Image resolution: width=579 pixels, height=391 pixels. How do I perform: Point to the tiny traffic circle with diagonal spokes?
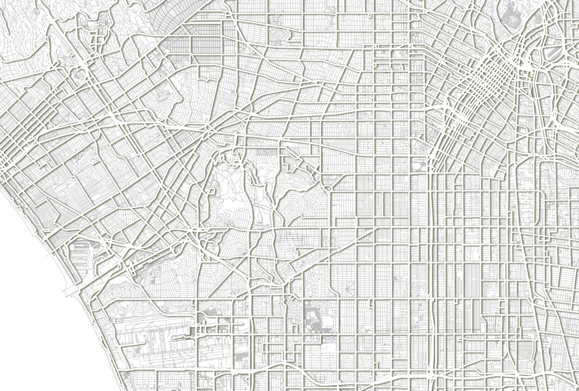coord(349,288)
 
